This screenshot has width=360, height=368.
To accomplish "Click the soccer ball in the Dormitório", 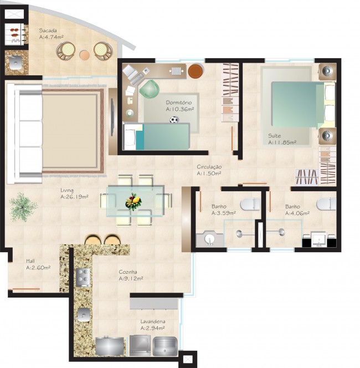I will [174, 120].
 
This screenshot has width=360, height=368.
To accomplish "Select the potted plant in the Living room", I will [23, 207].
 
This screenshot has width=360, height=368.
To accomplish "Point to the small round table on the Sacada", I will [84, 55].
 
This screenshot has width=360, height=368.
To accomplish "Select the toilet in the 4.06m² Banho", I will [326, 203].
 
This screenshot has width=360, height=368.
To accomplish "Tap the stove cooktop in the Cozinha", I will [83, 275].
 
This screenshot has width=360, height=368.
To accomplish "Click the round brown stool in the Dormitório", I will [196, 71].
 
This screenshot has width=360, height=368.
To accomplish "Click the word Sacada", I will [48, 30].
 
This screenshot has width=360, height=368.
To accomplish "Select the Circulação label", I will [209, 167].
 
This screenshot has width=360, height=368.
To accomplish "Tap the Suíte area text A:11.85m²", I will [282, 142].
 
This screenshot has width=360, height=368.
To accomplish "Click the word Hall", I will [32, 261].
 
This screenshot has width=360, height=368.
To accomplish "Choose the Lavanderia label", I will [152, 321].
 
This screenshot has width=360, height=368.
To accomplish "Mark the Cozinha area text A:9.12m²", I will [131, 279].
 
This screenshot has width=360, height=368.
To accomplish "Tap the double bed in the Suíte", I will [296, 105].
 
